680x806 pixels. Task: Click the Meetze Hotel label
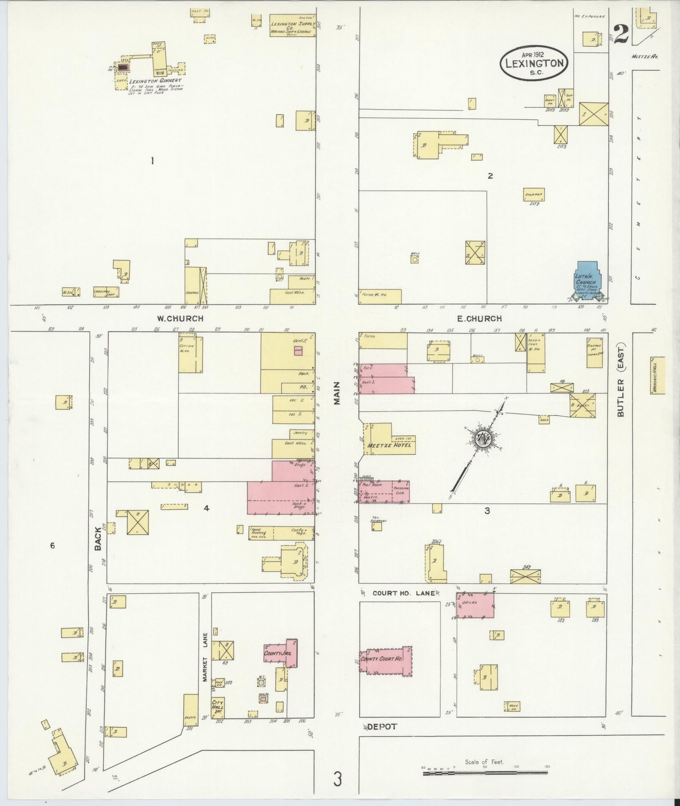point(389,445)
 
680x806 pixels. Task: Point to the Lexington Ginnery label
point(155,80)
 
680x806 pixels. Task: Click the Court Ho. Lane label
point(403,593)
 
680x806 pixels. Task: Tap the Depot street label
point(382,727)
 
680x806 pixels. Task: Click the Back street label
point(98,541)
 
